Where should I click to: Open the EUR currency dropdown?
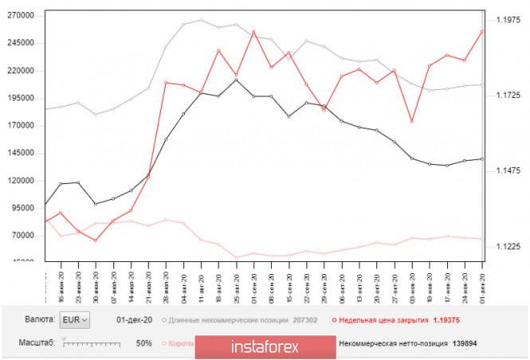pyautogui.click(x=77, y=319)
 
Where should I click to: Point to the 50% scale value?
pyautogui.click(x=144, y=343)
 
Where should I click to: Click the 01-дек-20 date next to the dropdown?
pyautogui.click(x=133, y=320)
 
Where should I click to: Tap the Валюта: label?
pyautogui.click(x=39, y=319)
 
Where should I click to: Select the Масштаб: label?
pyautogui.click(x=35, y=343)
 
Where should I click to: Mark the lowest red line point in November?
pyautogui.click(x=412, y=121)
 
